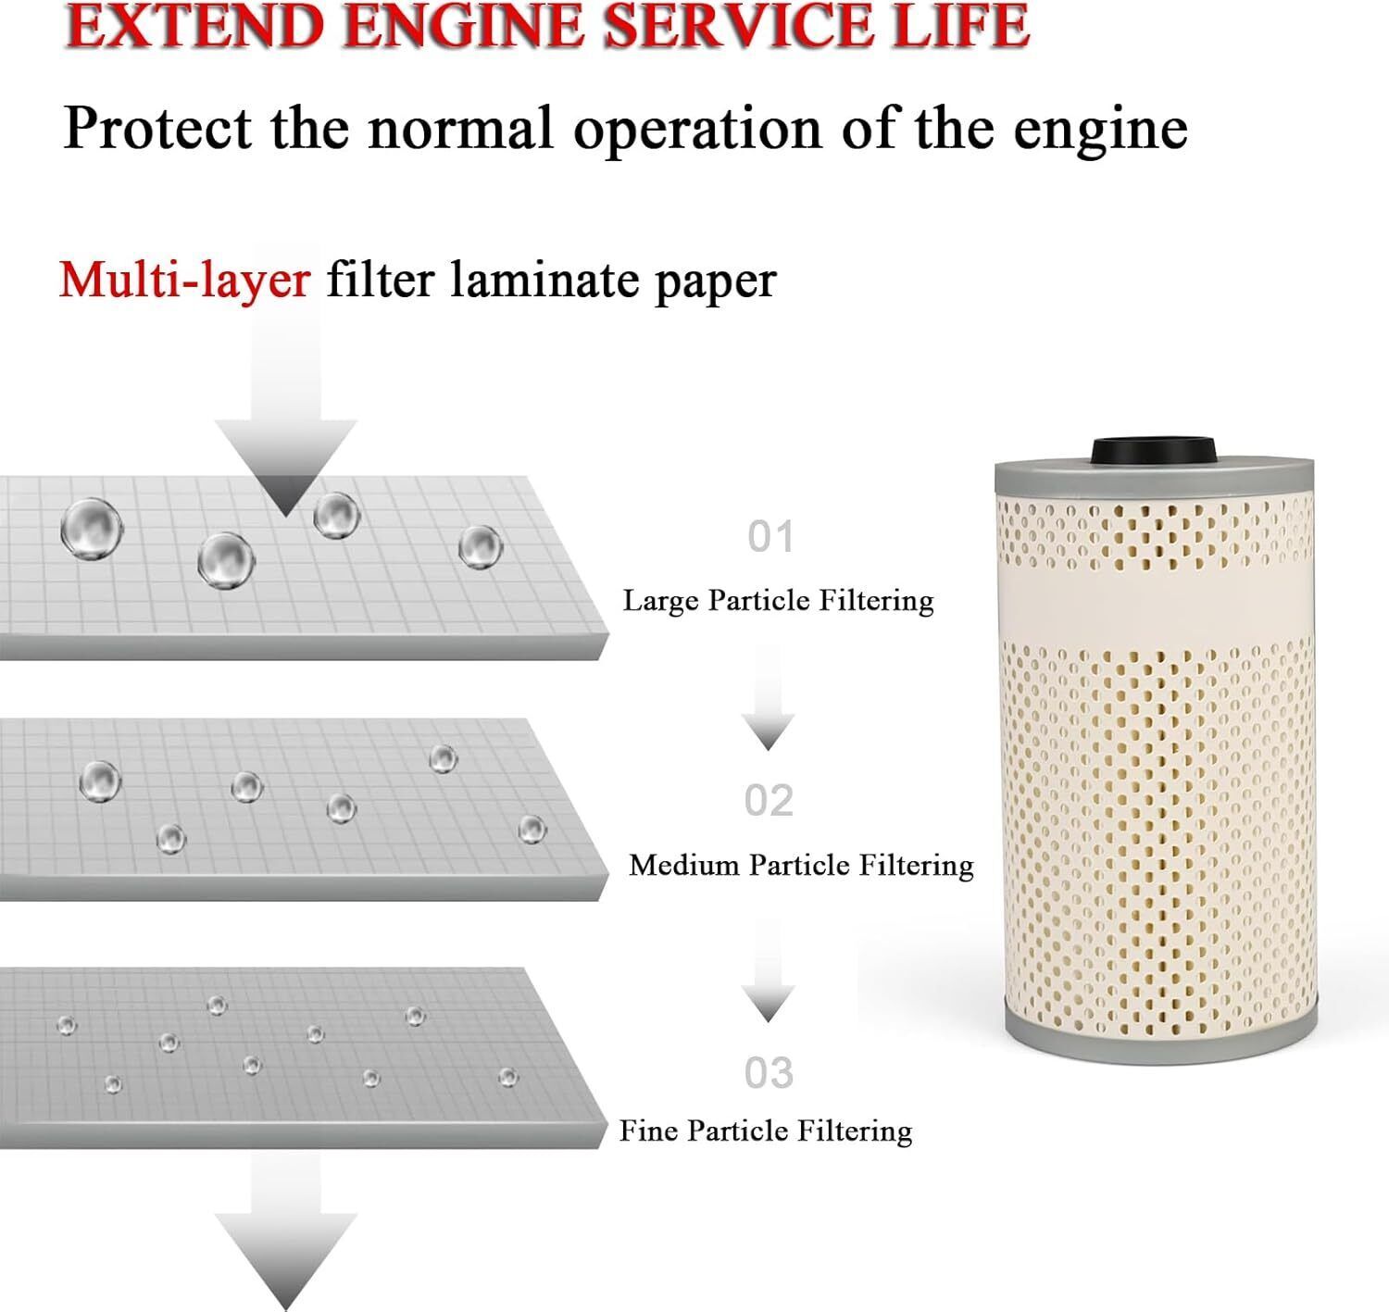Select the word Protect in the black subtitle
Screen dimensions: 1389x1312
[157, 129]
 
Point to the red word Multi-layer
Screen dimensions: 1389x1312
[185, 281]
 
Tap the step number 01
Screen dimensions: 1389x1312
[770, 537]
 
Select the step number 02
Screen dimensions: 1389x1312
[769, 800]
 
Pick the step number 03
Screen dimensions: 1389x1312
[769, 1073]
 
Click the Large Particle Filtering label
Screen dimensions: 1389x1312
[779, 601]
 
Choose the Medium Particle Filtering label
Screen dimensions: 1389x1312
[801, 866]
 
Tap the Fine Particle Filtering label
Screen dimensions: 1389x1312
[766, 1131]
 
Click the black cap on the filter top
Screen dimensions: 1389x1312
[1154, 450]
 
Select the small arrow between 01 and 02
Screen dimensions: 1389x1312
[768, 699]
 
